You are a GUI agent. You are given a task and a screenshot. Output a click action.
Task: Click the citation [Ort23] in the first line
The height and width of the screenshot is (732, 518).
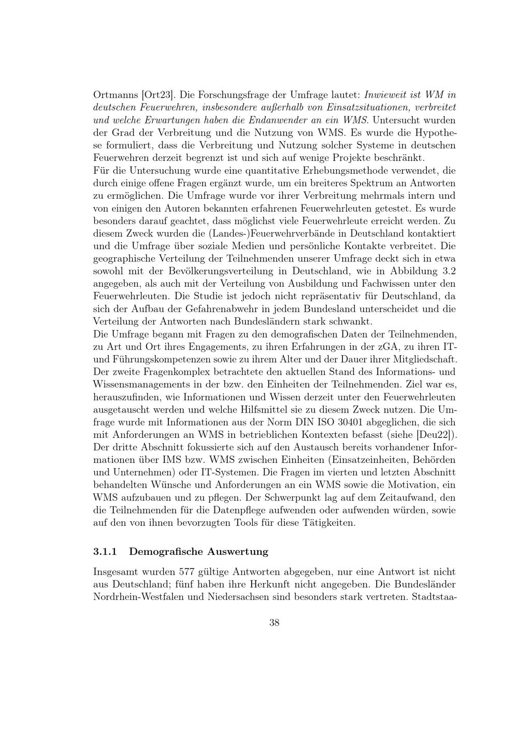(154, 95)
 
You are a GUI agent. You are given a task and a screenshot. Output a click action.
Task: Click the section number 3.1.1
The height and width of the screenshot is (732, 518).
(105, 551)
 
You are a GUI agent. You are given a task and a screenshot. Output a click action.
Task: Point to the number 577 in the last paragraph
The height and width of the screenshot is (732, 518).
(186, 572)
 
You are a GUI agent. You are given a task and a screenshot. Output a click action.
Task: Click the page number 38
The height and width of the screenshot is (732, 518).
(275, 623)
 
